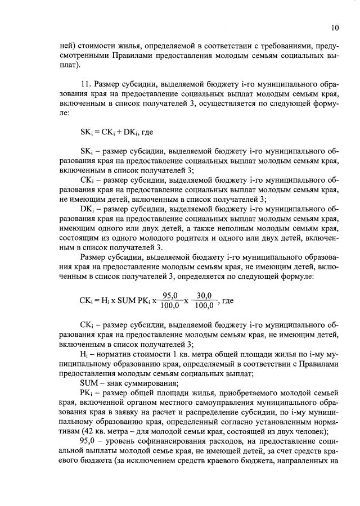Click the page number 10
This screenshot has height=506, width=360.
coord(335,28)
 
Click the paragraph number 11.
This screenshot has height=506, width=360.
coord(85,84)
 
